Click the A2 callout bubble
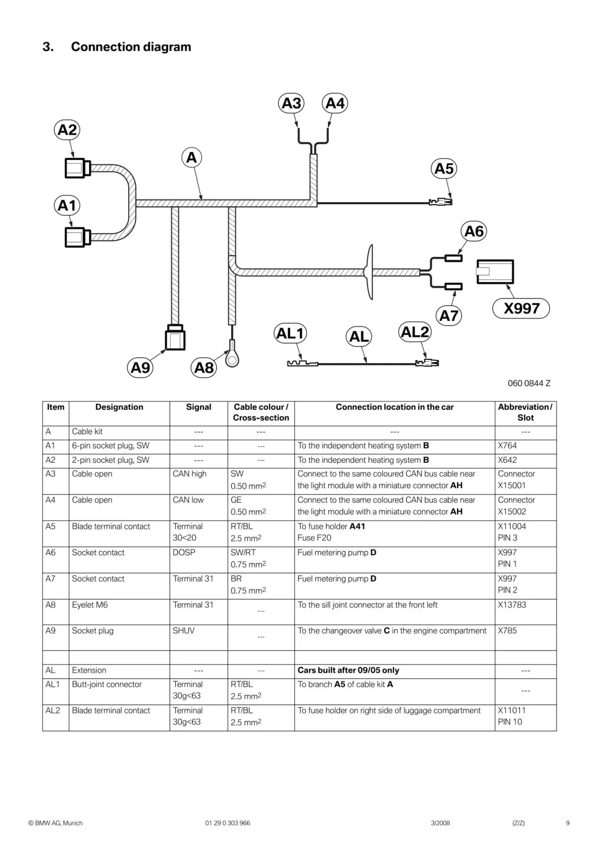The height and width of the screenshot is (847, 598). tap(67, 130)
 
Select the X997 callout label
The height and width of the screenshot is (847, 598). tap(521, 308)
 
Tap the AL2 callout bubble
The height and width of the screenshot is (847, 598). tap(415, 332)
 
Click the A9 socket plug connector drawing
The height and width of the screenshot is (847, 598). tap(175, 337)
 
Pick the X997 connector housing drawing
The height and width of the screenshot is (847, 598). tap(495, 272)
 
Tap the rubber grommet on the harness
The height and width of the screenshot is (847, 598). tap(369, 272)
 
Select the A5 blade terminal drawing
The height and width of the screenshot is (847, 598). tap(441, 202)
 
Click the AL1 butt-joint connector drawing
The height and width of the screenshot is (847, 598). tap(302, 364)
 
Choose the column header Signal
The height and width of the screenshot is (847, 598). tap(198, 407)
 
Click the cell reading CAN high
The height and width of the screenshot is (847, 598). tap(190, 474)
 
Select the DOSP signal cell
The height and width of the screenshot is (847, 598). tap(184, 552)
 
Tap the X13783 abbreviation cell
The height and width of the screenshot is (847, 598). tap(512, 605)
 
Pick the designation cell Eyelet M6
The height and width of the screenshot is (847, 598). tap(90, 605)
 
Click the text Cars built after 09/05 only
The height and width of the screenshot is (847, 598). tap(348, 670)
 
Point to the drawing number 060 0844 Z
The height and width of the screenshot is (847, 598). tap(529, 383)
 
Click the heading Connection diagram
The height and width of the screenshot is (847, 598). tap(131, 47)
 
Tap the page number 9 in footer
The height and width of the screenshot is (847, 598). tap(568, 823)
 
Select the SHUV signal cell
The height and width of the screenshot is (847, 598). tap(184, 631)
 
